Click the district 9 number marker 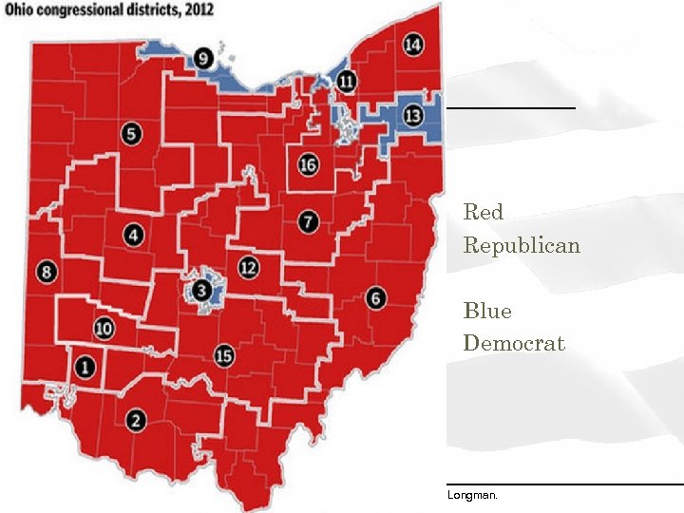point(203,59)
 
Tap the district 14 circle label point(412,45)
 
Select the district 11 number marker point(347,82)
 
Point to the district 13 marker point(412,116)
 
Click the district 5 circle point(132,134)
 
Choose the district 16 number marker point(307,164)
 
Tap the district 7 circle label point(307,222)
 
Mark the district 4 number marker point(133,235)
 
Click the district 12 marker point(248,267)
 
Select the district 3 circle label point(201,290)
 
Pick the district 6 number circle point(376,297)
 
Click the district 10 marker point(104,329)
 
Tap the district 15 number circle point(223,355)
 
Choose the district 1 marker point(85,366)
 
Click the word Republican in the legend point(522,245)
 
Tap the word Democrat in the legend point(514,343)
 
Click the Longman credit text point(472,495)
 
